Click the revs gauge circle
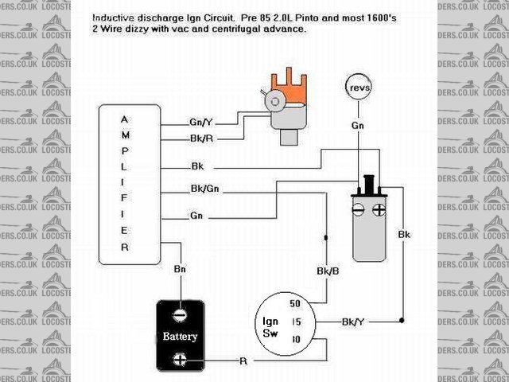(359, 87)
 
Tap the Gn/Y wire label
(200, 123)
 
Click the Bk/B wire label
(325, 271)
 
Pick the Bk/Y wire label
(353, 322)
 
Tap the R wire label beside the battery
(243, 361)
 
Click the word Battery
(181, 336)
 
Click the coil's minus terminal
(359, 212)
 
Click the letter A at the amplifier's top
(123, 119)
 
